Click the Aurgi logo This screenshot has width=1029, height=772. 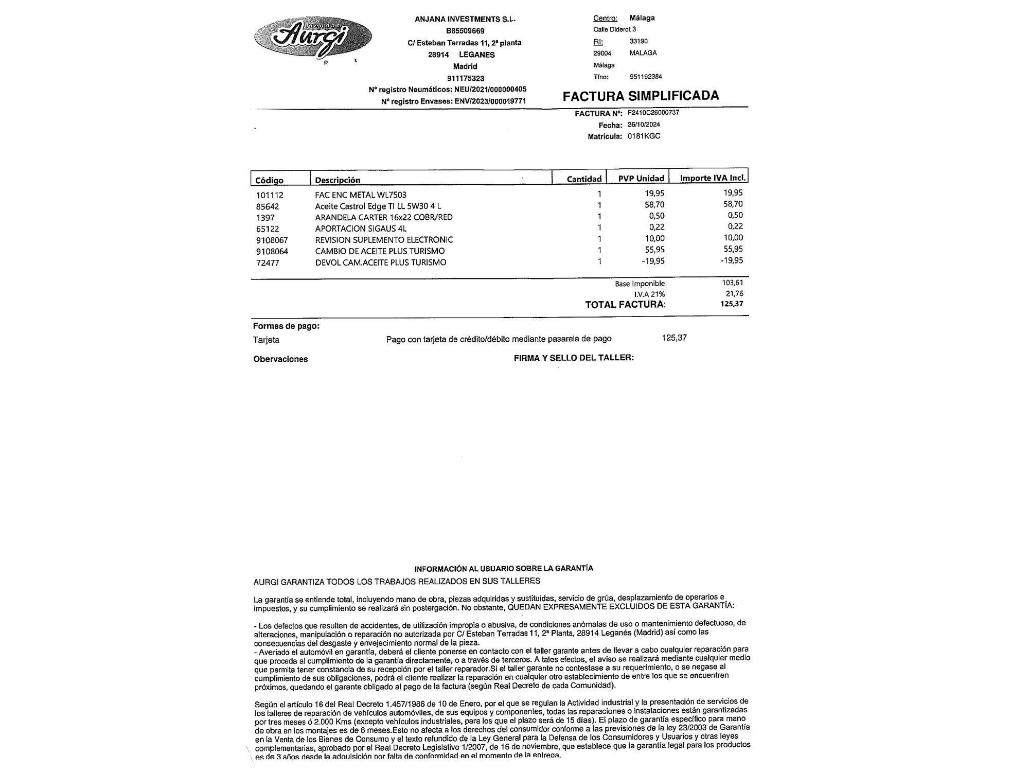pyautogui.click(x=313, y=37)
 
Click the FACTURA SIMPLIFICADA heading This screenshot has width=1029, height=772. pyautogui.click(x=641, y=96)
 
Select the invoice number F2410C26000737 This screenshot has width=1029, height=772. pyautogui.click(x=653, y=113)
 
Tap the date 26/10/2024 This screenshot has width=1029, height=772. pyautogui.click(x=644, y=125)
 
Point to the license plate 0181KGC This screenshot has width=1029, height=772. pyautogui.click(x=644, y=136)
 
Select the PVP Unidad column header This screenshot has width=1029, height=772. pyautogui.click(x=641, y=179)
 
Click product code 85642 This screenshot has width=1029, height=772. pyautogui.click(x=268, y=206)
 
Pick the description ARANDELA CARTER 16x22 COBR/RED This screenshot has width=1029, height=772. pyautogui.click(x=384, y=217)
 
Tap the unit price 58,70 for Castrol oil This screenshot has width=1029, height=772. pyautogui.click(x=654, y=204)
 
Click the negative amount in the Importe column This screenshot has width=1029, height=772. pyautogui.click(x=732, y=260)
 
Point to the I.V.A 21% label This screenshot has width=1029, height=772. pyautogui.click(x=649, y=294)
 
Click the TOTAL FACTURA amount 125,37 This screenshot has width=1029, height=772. pyautogui.click(x=732, y=304)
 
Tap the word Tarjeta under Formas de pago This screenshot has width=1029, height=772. pyautogui.click(x=266, y=340)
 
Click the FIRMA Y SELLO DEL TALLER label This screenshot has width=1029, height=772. pyautogui.click(x=574, y=358)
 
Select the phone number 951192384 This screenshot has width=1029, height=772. pyautogui.click(x=646, y=77)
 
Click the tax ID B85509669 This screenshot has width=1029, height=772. pyautogui.click(x=465, y=31)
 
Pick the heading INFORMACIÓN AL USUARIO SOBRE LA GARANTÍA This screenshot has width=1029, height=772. pyautogui.click(x=504, y=568)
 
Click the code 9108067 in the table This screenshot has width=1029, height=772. pyautogui.click(x=272, y=240)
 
